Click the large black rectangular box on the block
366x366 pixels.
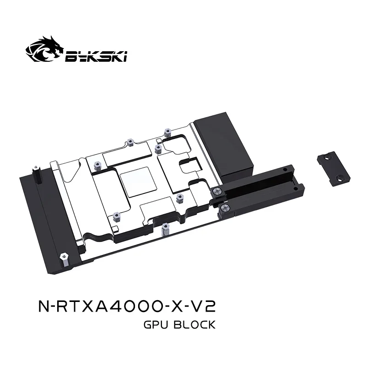tap(222, 144)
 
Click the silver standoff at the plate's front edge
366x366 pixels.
tap(164, 227)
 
